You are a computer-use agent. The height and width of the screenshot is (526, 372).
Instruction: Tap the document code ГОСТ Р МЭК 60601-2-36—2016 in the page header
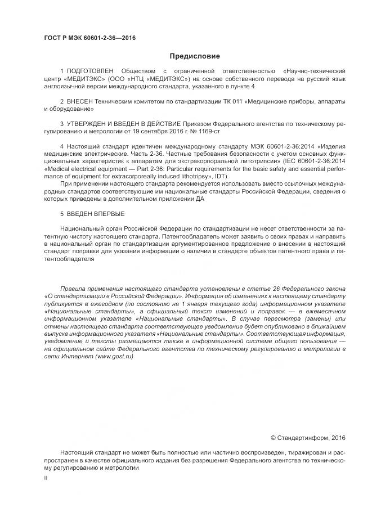tap(90, 38)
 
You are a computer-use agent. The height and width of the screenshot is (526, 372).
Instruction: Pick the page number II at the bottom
tap(46, 477)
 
